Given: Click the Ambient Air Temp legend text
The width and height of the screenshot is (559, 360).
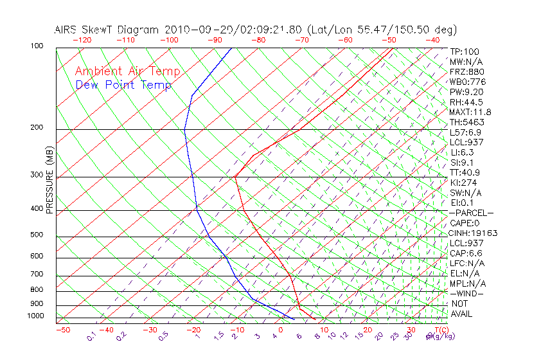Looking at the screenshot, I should pyautogui.click(x=127, y=71).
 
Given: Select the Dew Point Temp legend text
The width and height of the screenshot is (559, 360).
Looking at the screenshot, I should pyautogui.click(x=123, y=85).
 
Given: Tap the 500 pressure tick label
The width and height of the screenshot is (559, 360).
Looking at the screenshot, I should pyautogui.click(x=37, y=235).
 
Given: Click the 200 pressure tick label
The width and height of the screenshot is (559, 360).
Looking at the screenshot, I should pyautogui.click(x=37, y=127).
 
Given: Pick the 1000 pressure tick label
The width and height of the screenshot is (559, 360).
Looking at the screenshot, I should pyautogui.click(x=35, y=316).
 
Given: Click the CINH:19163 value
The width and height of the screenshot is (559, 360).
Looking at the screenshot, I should pyautogui.click(x=474, y=233).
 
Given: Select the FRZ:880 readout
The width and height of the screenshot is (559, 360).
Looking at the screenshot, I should pyautogui.click(x=467, y=72).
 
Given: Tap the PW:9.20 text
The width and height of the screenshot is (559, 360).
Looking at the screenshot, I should pyautogui.click(x=467, y=92).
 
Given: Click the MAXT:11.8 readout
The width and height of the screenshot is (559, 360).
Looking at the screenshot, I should pyautogui.click(x=472, y=112).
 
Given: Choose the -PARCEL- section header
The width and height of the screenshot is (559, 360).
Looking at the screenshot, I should pyautogui.click(x=471, y=213).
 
